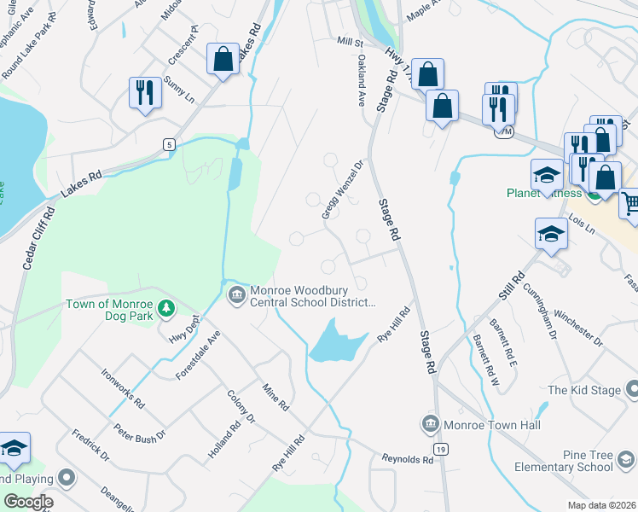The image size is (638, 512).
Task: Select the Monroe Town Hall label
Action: pyautogui.click(x=484, y=423)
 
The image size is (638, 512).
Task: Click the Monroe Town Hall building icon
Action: pyautogui.click(x=429, y=423)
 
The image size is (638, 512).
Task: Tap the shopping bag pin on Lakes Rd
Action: pyautogui.click(x=223, y=60)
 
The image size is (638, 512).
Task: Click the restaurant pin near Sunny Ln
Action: pyautogui.click(x=143, y=91)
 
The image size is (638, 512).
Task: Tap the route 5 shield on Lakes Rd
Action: pyautogui.click(x=170, y=145)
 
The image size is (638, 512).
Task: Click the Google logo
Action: pyautogui.click(x=29, y=501)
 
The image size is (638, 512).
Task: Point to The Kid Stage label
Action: pyautogui.click(x=584, y=390)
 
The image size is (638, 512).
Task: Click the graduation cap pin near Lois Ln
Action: pyautogui.click(x=551, y=233)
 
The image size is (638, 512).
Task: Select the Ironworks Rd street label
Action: pyautogui.click(x=123, y=388)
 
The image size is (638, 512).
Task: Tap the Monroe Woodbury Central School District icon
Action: pyautogui.click(x=236, y=295)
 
